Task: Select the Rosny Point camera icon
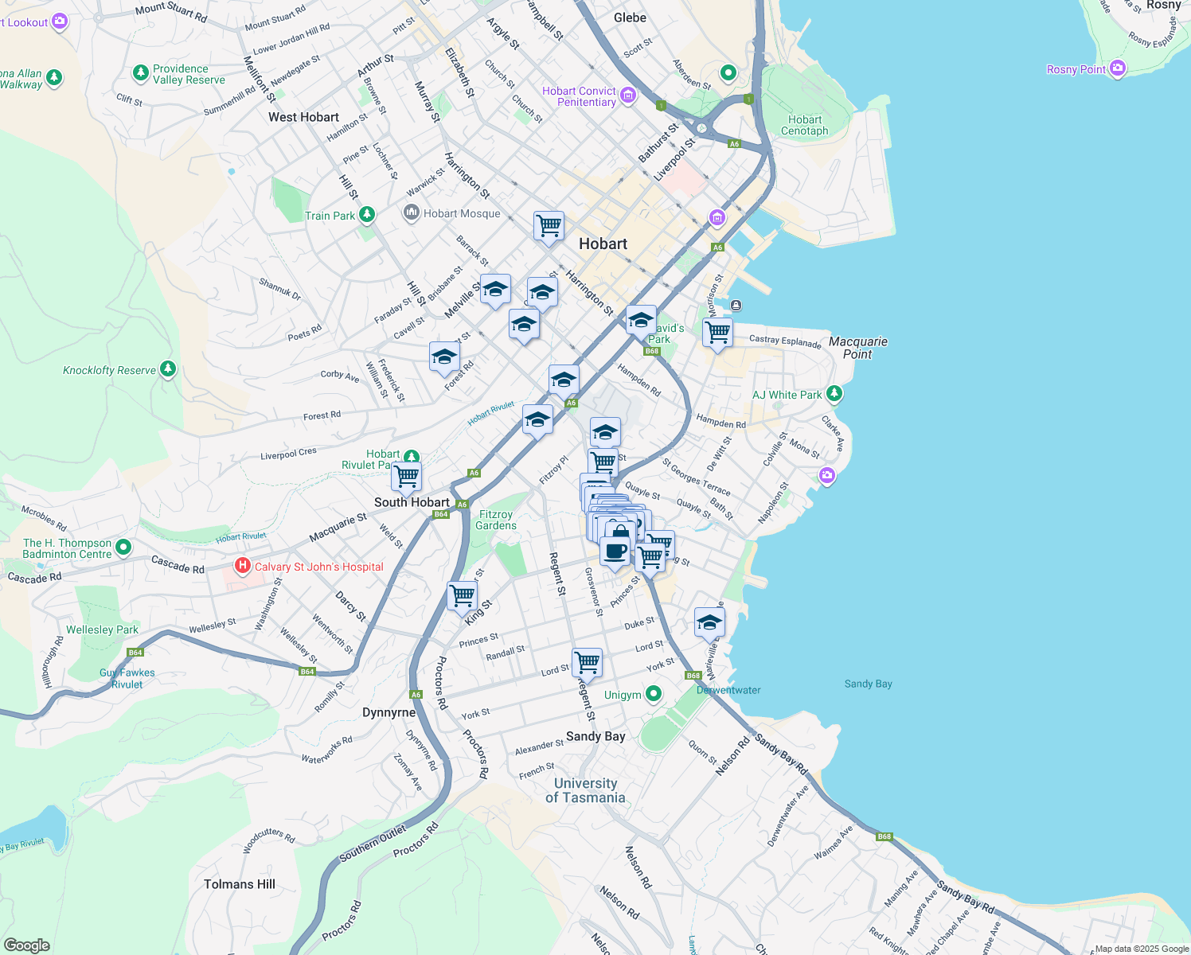[x=1117, y=69]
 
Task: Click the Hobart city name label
[x=603, y=244]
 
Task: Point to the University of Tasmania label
[x=585, y=790]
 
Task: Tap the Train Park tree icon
[x=366, y=215]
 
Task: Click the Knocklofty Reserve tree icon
[x=167, y=369]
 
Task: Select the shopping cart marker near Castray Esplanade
[x=717, y=333]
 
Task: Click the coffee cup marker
[x=615, y=551]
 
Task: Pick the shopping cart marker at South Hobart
[x=406, y=477]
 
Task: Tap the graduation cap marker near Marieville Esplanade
[x=709, y=622]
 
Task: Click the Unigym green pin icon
[x=653, y=694]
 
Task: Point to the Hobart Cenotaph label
[x=804, y=125]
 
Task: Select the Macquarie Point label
[x=857, y=348]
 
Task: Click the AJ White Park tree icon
[x=834, y=394]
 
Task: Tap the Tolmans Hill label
[x=239, y=884]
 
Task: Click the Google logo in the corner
[x=26, y=945]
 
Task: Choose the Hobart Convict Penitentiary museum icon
[x=627, y=96]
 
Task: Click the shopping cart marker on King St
[x=462, y=595]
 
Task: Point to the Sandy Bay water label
[x=868, y=684]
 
